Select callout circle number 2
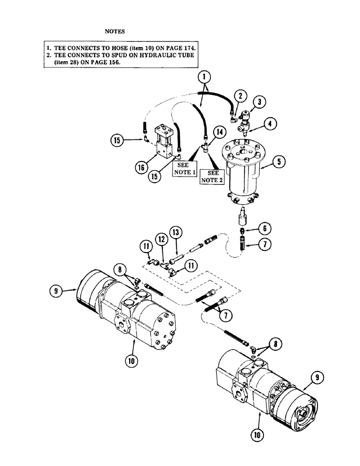pyautogui.click(x=240, y=96)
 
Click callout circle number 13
pyautogui.click(x=176, y=232)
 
